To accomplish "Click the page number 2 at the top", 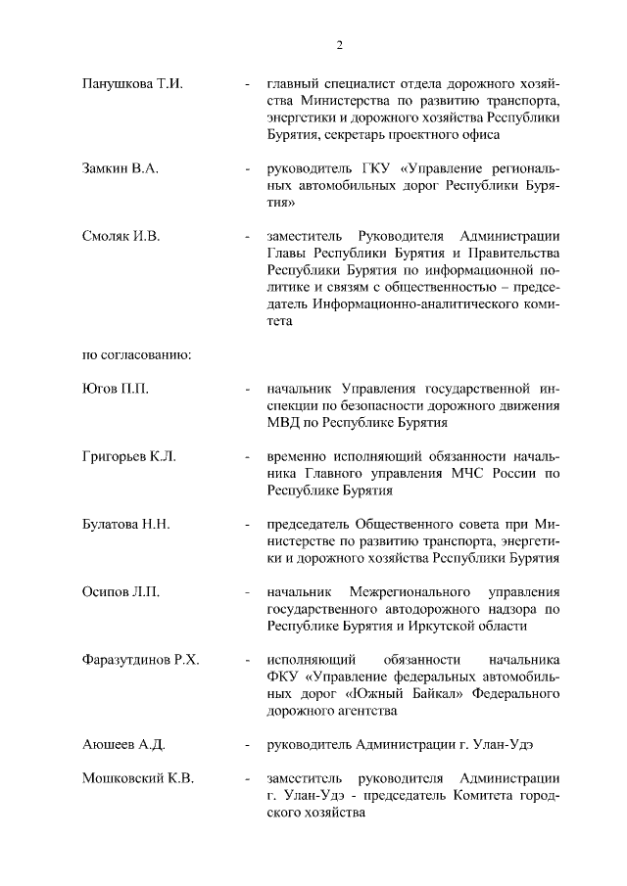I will pyautogui.click(x=338, y=44).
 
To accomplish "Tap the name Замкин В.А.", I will pyautogui.click(x=121, y=169).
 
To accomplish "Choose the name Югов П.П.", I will pyautogui.click(x=116, y=390).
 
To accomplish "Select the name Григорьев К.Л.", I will pyautogui.click(x=129, y=457).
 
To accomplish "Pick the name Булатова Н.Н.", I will pyautogui.click(x=126, y=524).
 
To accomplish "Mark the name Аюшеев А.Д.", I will pyautogui.click(x=123, y=745).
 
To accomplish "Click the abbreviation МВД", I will pyautogui.click(x=271, y=423).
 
